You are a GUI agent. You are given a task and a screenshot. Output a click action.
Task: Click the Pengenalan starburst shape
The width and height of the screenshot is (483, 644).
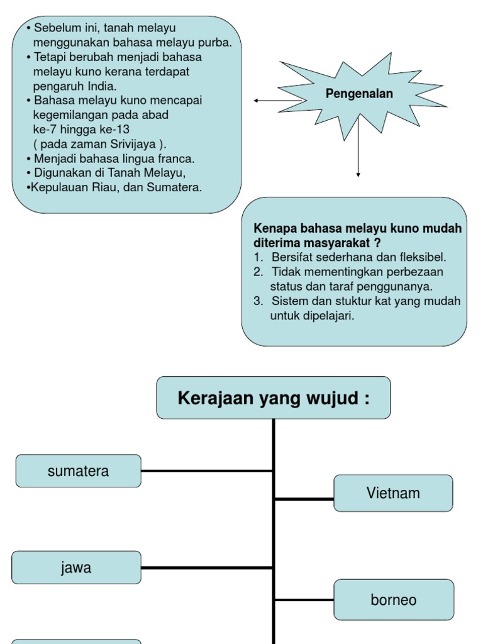click(359, 94)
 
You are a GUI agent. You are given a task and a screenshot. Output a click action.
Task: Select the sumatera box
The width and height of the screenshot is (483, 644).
click(78, 471)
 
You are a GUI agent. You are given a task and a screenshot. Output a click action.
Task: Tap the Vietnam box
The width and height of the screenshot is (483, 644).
click(393, 493)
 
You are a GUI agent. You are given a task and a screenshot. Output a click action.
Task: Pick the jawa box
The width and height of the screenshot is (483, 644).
click(76, 568)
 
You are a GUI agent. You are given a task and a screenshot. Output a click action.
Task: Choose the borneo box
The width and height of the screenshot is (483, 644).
click(393, 600)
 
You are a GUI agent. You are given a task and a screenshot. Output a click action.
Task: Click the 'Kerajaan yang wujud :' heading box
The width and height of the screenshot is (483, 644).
click(274, 398)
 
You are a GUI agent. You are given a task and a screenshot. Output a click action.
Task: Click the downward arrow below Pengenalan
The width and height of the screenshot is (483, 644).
click(358, 151)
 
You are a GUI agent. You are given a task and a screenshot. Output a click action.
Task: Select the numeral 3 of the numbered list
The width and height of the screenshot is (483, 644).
click(257, 301)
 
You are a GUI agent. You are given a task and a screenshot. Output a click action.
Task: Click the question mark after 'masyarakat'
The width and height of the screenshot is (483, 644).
click(377, 243)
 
